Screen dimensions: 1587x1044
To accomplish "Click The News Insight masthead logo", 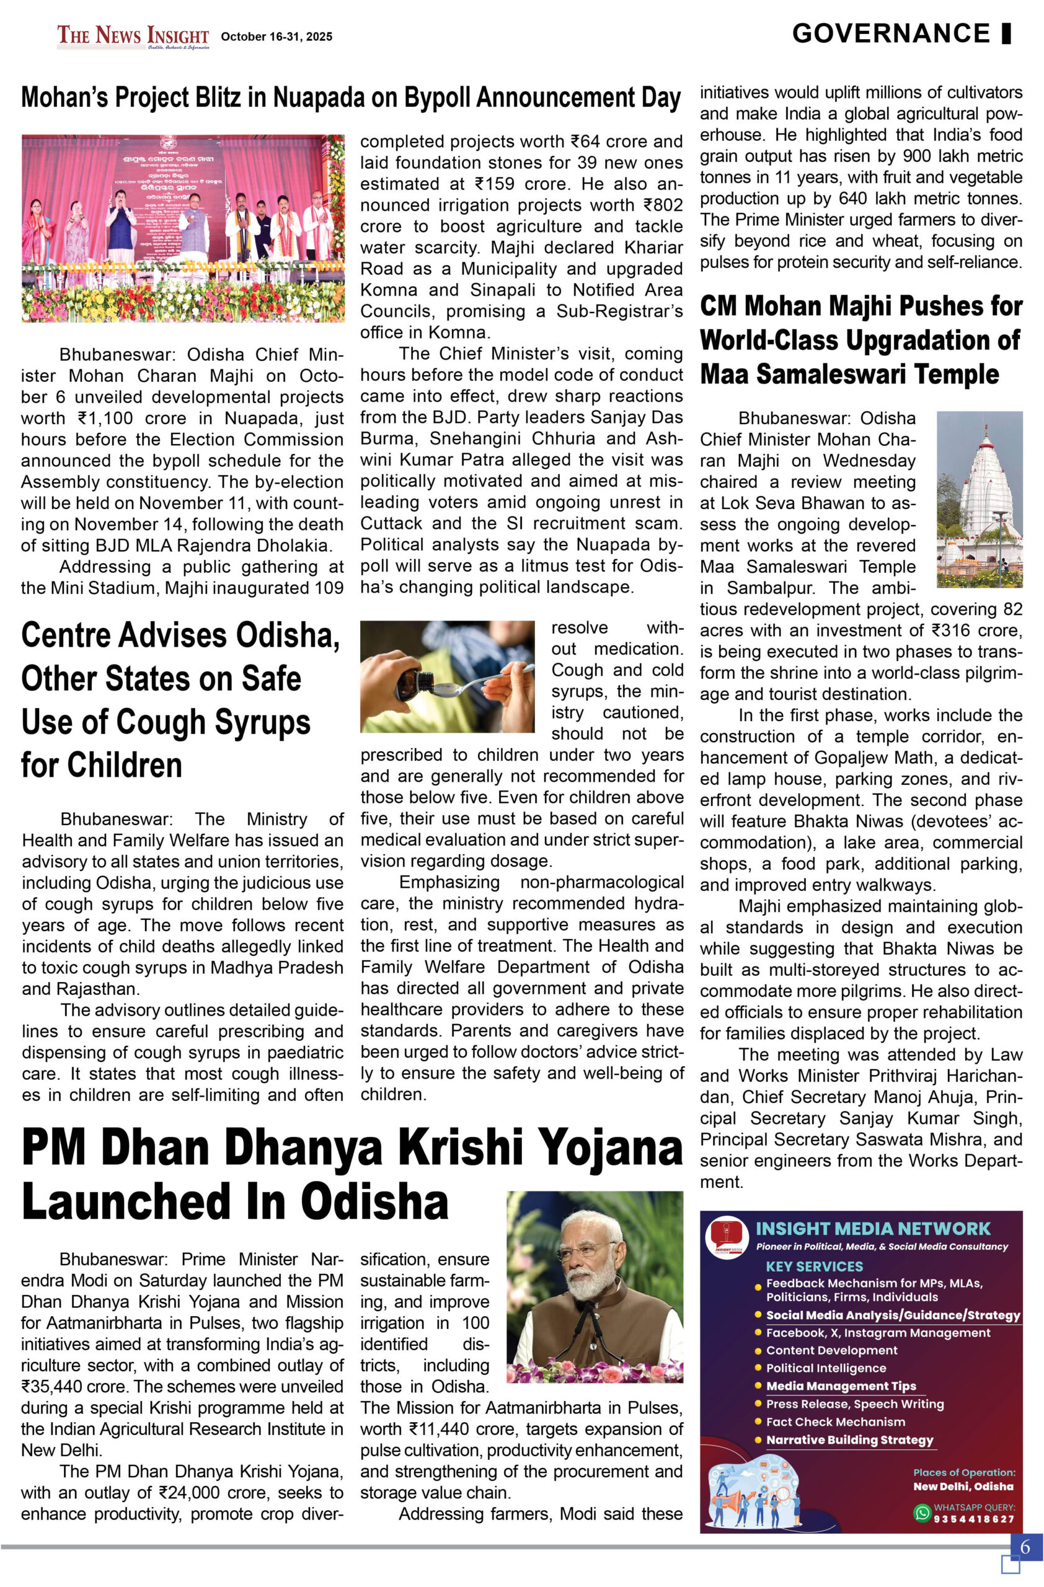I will pos(133,36).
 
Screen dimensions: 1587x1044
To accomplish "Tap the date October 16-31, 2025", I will pos(276,37).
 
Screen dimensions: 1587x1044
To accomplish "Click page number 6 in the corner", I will pos(1025,1545).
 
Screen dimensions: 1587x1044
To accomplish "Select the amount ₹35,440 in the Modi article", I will pos(50,1386).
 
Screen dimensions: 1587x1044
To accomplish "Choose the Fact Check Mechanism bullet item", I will pos(835,1421).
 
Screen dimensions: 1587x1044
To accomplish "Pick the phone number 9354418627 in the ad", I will pos(973,1519).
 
